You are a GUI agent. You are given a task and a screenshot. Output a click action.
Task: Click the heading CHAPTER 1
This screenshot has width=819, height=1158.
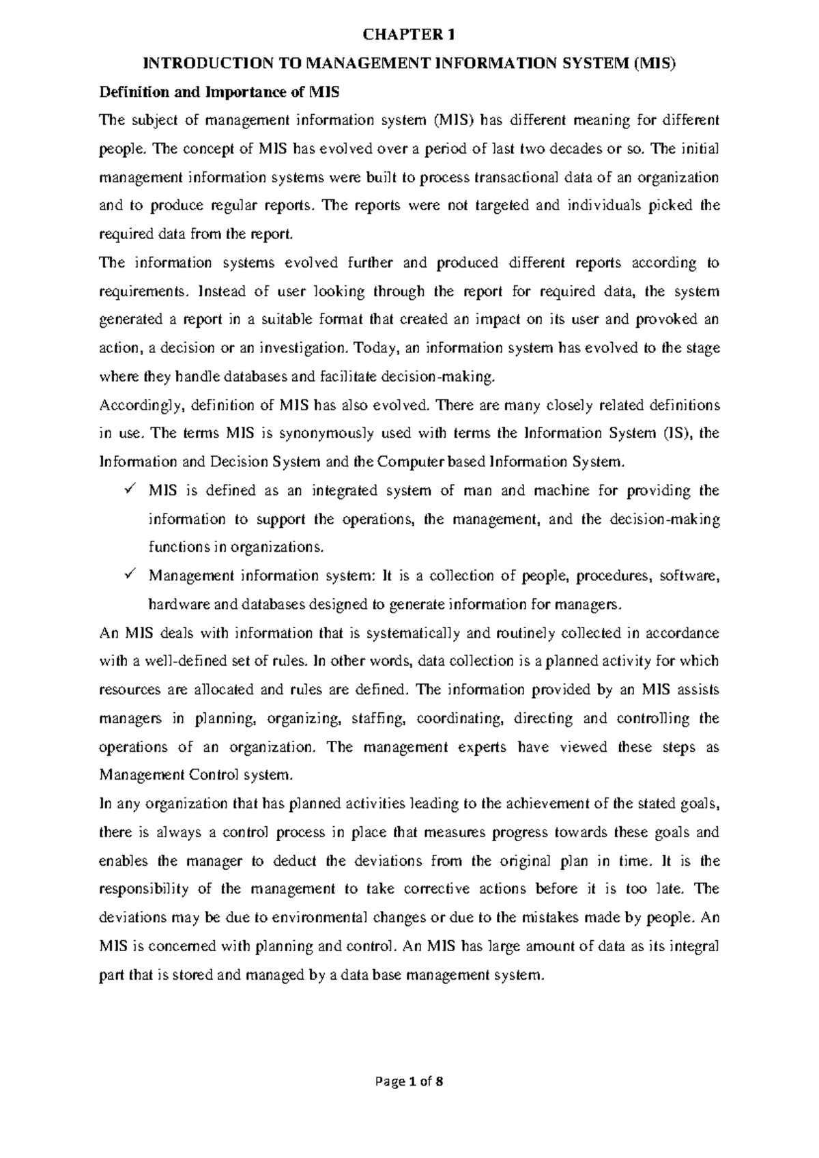point(408,33)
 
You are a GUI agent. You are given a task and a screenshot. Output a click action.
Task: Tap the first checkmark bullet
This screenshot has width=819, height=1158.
point(130,490)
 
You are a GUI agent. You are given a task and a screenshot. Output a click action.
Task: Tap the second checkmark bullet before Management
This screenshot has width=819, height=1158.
point(130,575)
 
